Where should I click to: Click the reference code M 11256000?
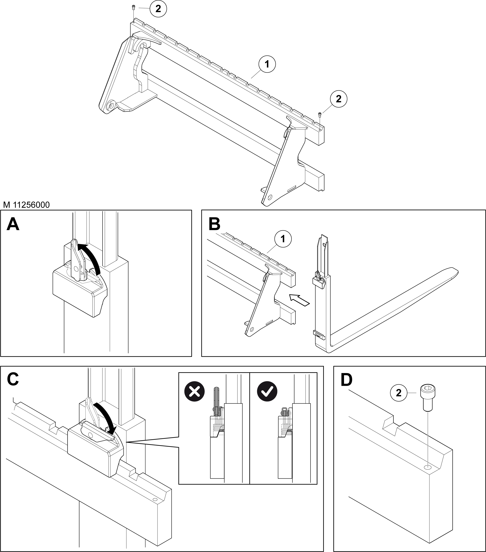[x=26, y=205]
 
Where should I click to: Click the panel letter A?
[x=13, y=224]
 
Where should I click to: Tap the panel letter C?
[x=13, y=379]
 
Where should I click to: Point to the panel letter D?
[x=346, y=379]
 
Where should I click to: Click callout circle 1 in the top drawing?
[x=267, y=64]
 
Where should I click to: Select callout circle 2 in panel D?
[x=399, y=393]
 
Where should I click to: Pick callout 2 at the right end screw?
[x=338, y=99]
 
